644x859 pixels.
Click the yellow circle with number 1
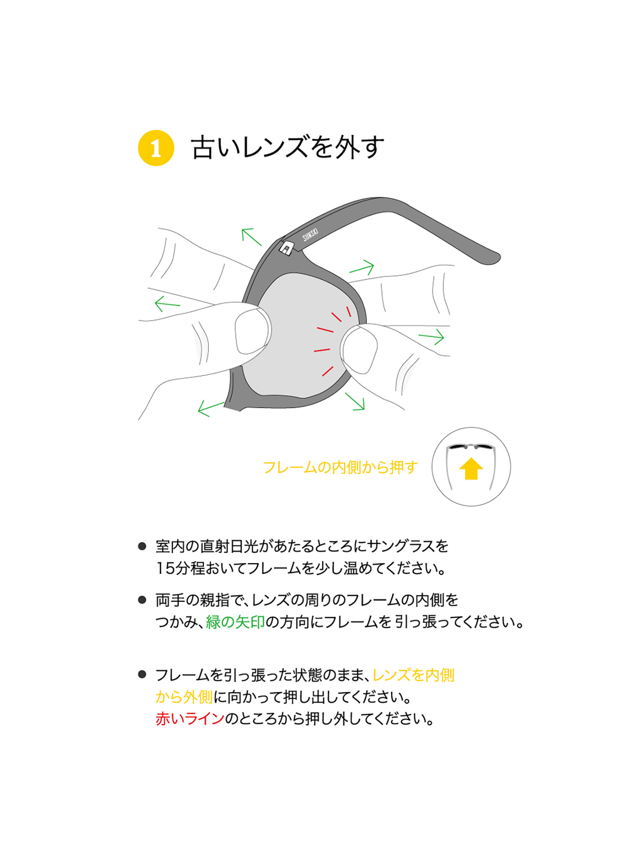click(x=156, y=148)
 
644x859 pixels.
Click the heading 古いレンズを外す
click(x=287, y=147)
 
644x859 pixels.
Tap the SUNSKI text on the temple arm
click(x=310, y=235)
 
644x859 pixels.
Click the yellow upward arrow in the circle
click(x=471, y=469)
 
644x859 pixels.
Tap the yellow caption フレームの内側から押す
click(x=340, y=467)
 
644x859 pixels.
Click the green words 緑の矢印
click(x=235, y=622)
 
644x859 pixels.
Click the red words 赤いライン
click(x=190, y=719)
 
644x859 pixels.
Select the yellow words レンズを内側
click(x=413, y=675)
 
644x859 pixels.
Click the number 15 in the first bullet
click(x=165, y=569)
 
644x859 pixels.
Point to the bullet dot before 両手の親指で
click(x=142, y=600)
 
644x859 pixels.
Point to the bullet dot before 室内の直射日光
click(x=142, y=546)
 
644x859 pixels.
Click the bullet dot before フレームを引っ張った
click(x=142, y=675)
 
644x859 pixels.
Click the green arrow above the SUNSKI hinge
click(x=251, y=237)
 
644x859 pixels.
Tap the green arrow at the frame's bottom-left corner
click(x=211, y=408)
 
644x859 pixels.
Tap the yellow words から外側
click(x=184, y=697)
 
